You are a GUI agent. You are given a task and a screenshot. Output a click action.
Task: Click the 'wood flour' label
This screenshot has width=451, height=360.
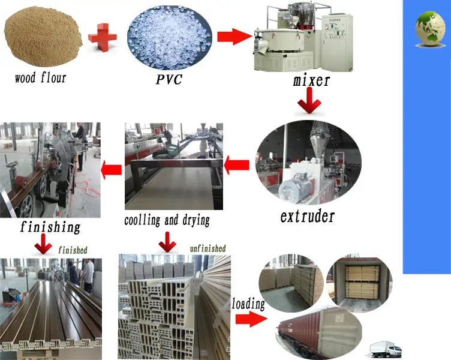41,77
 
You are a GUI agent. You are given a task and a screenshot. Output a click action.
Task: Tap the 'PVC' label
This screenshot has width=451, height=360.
169,79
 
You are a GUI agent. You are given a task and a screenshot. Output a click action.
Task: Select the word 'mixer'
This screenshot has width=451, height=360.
311,79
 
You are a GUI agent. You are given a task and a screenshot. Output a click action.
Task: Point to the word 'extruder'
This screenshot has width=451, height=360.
307,215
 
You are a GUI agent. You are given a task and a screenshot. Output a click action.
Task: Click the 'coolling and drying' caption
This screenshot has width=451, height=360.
167,220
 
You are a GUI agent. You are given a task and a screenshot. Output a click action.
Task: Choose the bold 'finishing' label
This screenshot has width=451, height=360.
50,227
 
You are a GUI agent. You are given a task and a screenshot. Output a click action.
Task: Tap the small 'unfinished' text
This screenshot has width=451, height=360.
208,248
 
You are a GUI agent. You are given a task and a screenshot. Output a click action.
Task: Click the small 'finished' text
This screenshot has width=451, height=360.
73,249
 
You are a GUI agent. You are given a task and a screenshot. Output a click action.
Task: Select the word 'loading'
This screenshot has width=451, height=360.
248,304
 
